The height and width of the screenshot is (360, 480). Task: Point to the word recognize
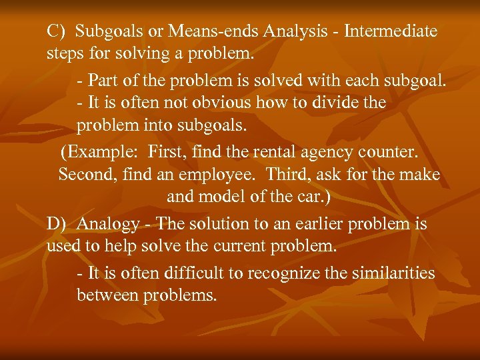click(279, 274)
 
